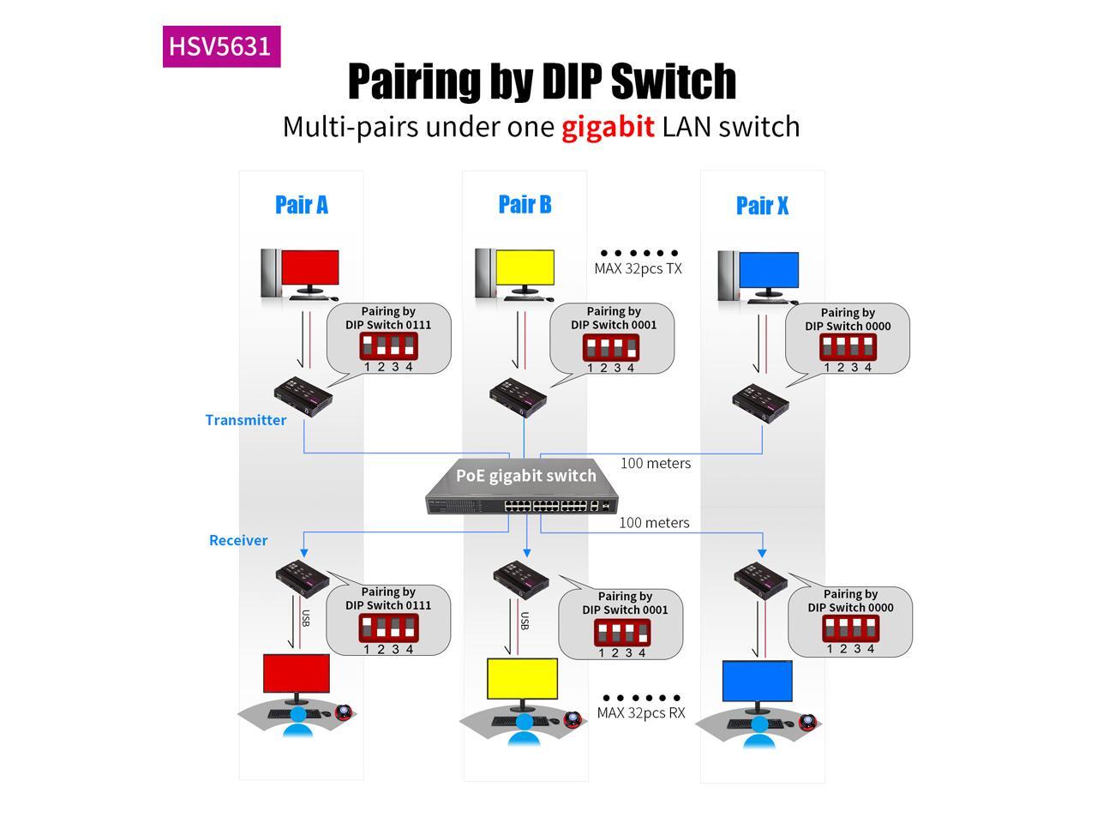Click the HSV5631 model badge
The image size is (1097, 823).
pyautogui.click(x=221, y=46)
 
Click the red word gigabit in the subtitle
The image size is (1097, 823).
pyautogui.click(x=608, y=127)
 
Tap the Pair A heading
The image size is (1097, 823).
pyautogui.click(x=301, y=205)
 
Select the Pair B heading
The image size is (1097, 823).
pyautogui.click(x=525, y=205)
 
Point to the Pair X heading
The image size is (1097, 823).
pyautogui.click(x=762, y=206)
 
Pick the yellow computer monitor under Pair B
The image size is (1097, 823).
pyautogui.click(x=525, y=269)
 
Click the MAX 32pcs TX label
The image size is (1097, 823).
pyautogui.click(x=638, y=268)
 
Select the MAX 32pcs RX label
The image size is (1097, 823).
pyautogui.click(x=641, y=713)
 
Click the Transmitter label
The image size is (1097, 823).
pyautogui.click(x=246, y=420)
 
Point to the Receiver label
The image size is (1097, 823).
pyautogui.click(x=238, y=540)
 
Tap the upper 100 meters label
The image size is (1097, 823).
pyautogui.click(x=656, y=463)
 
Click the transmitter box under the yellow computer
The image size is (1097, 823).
pyautogui.click(x=518, y=396)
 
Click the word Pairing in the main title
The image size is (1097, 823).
pyautogui.click(x=414, y=81)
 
